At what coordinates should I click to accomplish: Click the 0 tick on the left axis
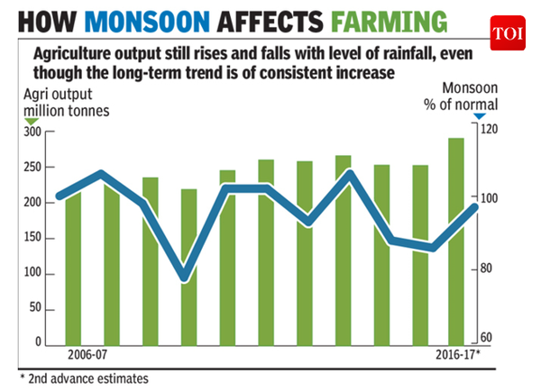click(39, 343)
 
